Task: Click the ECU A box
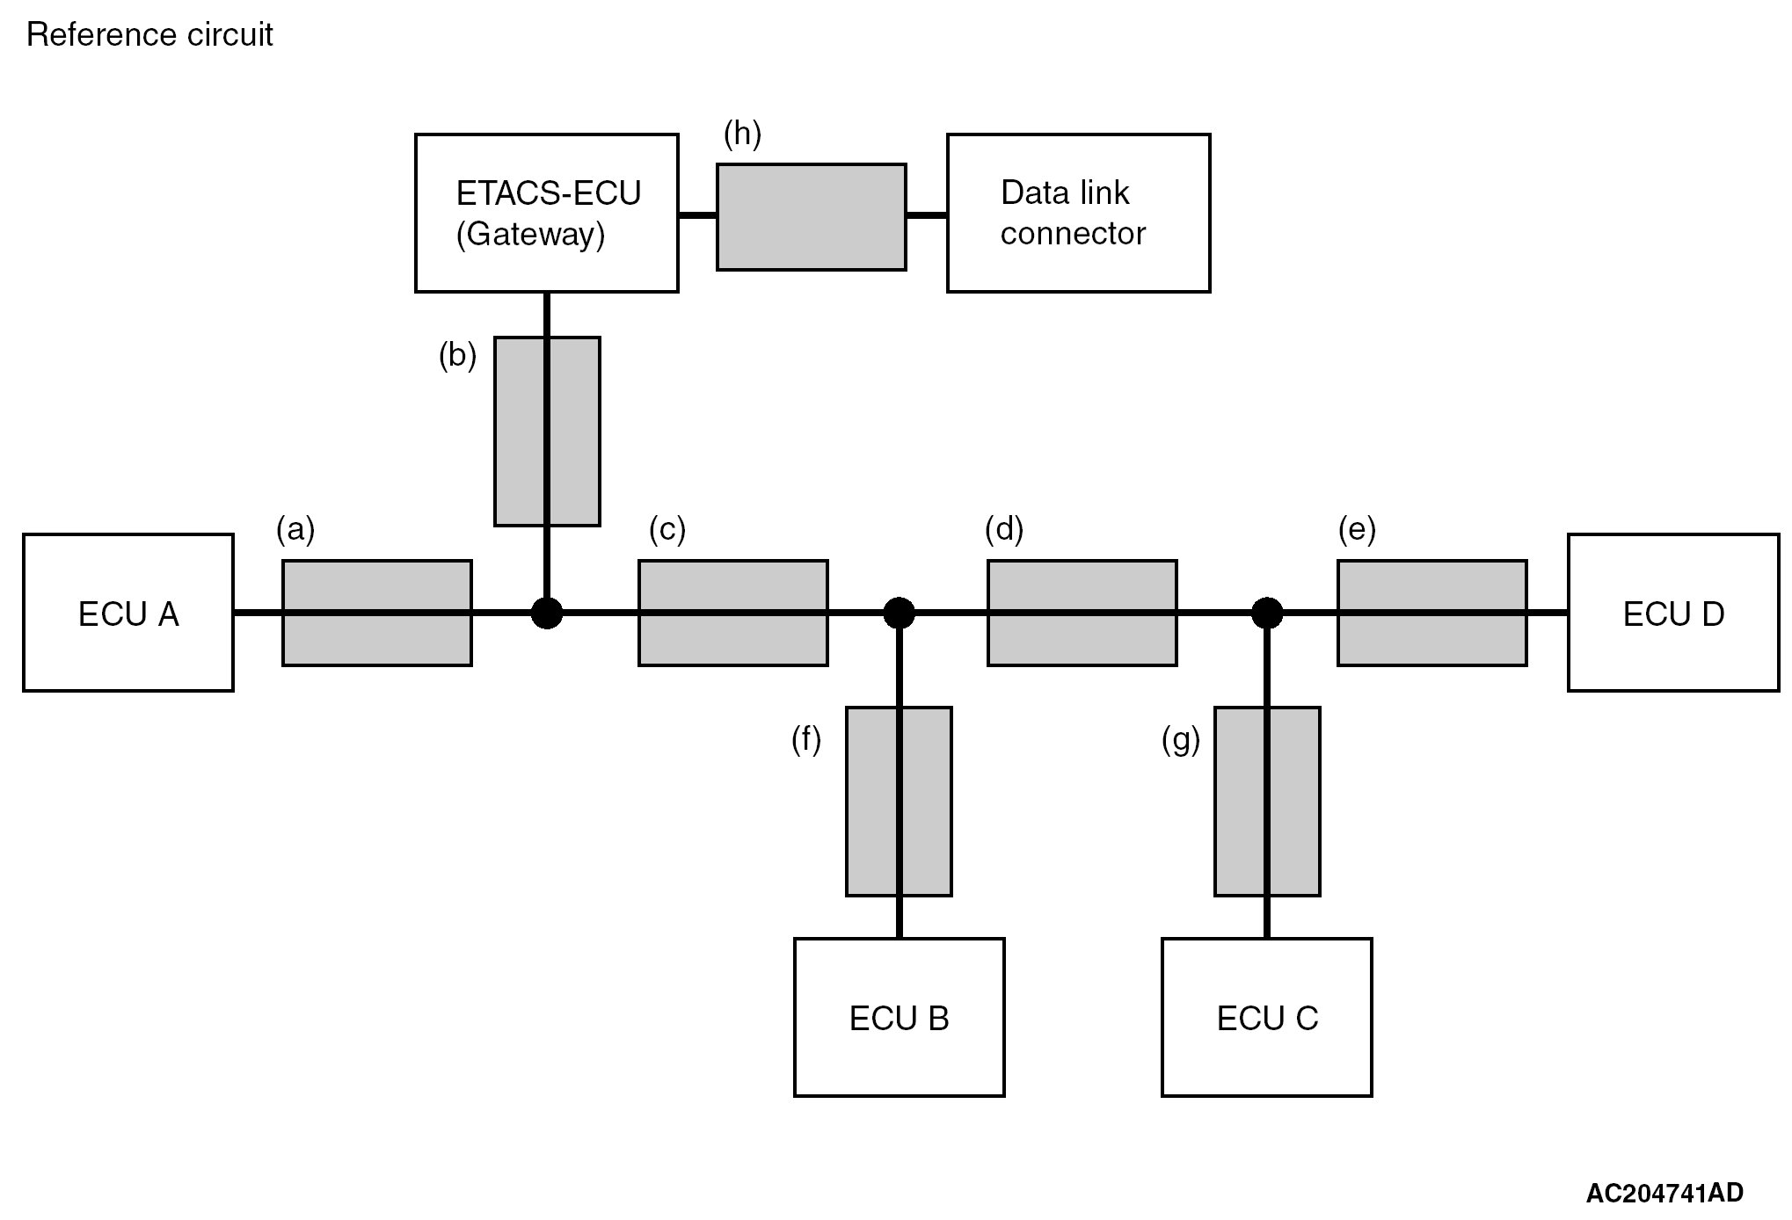(128, 613)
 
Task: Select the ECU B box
(899, 1017)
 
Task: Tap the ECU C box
(1266, 1017)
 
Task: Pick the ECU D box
(1672, 613)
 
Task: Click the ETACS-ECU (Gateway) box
(546, 213)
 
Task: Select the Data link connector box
(1078, 213)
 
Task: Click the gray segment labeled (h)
(811, 216)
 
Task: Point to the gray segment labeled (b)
(547, 431)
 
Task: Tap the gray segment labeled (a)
(376, 613)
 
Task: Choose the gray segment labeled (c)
(732, 613)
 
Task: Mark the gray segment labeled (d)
(1082, 613)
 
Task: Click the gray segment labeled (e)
(1431, 613)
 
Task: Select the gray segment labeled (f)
(899, 801)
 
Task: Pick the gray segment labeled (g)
(1266, 801)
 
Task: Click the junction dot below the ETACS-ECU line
(547, 613)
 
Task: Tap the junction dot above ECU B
(899, 613)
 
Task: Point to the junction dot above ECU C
(1266, 613)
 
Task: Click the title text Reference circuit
(149, 34)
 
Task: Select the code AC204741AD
(1664, 1193)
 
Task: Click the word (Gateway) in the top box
(530, 234)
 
